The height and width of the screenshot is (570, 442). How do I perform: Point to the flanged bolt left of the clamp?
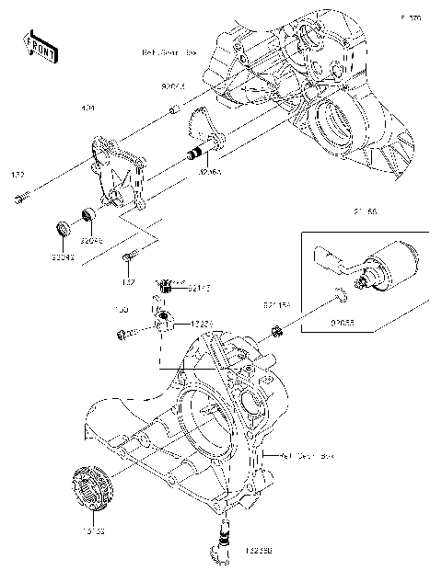click(x=122, y=333)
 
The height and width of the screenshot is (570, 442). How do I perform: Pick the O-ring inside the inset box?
click(x=341, y=295)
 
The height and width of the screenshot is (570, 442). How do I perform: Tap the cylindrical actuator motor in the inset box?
click(x=390, y=261)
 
